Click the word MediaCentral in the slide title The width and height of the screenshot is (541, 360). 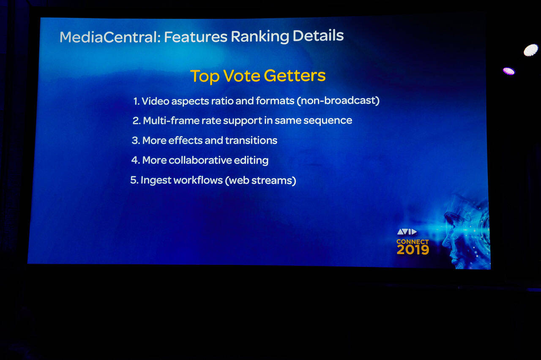(110, 37)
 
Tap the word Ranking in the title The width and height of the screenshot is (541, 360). (260, 36)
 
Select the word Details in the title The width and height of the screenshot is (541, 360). (318, 35)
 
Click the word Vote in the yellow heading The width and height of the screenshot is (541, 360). (241, 76)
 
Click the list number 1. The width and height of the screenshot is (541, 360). (137, 101)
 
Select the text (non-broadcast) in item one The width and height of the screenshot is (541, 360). (338, 101)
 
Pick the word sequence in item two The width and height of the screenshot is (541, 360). (328, 120)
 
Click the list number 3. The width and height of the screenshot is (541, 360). (136, 141)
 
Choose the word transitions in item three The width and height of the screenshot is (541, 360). (251, 140)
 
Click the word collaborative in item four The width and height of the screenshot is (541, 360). (200, 160)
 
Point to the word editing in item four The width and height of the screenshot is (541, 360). (251, 161)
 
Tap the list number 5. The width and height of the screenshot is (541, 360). (134, 180)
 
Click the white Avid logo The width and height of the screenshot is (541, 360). (407, 232)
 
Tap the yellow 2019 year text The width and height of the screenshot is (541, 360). (413, 250)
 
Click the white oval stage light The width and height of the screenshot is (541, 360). (530, 50)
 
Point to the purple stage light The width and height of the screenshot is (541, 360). (508, 71)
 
